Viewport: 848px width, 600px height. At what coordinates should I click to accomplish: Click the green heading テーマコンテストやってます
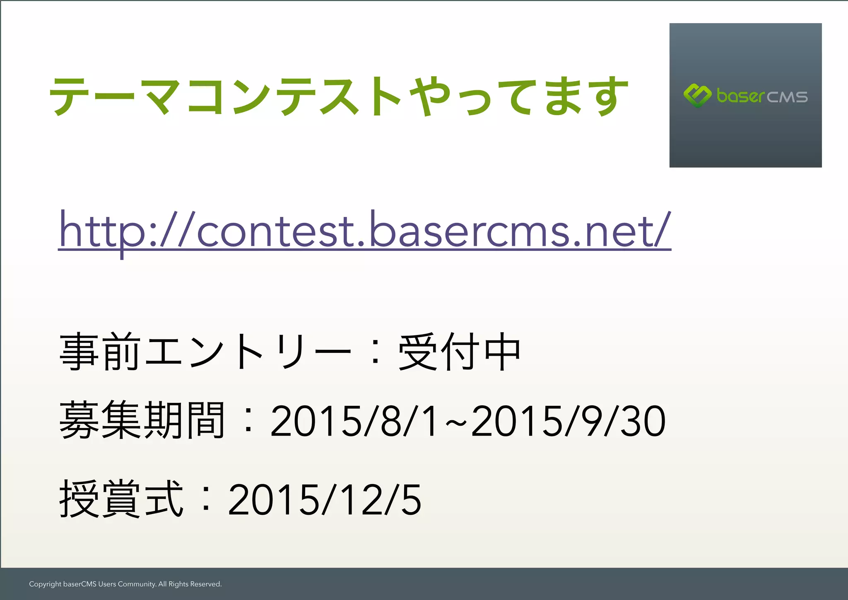coord(339,96)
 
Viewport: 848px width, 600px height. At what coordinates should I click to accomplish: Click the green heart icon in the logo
coord(697,95)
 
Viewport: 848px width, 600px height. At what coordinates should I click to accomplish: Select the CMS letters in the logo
coord(787,97)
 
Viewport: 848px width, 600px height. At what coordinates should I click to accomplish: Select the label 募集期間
coord(142,421)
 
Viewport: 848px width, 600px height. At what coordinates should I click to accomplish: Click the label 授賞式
coord(121,499)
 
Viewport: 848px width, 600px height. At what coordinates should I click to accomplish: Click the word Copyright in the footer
coord(45,584)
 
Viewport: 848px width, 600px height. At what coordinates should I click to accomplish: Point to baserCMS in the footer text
coord(79,584)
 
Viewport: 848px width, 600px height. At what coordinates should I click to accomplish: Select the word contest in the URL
coord(275,231)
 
